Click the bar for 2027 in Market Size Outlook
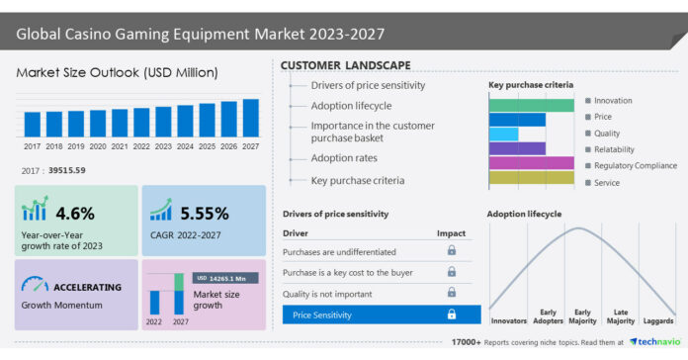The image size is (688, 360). (250, 118)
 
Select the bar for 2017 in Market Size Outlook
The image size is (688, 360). (32, 124)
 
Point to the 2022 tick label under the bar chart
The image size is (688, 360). (140, 145)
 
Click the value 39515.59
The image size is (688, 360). (66, 171)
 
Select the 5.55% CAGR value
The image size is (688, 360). (204, 213)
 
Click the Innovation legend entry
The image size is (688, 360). (612, 101)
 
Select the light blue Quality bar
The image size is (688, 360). (503, 134)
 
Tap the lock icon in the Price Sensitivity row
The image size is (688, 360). (452, 315)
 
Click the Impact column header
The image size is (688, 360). (451, 233)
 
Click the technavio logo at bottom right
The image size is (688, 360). (654, 341)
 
